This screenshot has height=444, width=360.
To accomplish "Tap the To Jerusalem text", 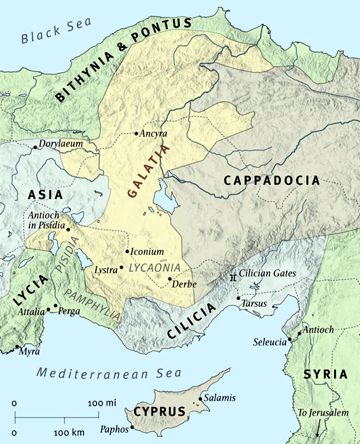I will pyautogui.click(x=321, y=412).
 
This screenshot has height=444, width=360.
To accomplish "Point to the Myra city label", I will pyautogui.click(x=30, y=350).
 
